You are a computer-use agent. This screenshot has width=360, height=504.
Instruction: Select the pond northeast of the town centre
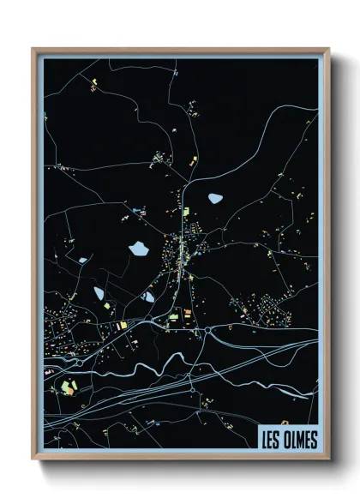tap(214, 198)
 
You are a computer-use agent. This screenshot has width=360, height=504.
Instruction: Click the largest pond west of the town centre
tap(138, 249)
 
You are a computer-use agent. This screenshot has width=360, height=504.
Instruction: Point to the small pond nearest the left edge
tap(82, 260)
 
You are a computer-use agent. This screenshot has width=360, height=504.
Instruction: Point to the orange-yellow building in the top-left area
tap(92, 84)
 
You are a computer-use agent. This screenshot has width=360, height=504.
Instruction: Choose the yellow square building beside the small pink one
tap(122, 326)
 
